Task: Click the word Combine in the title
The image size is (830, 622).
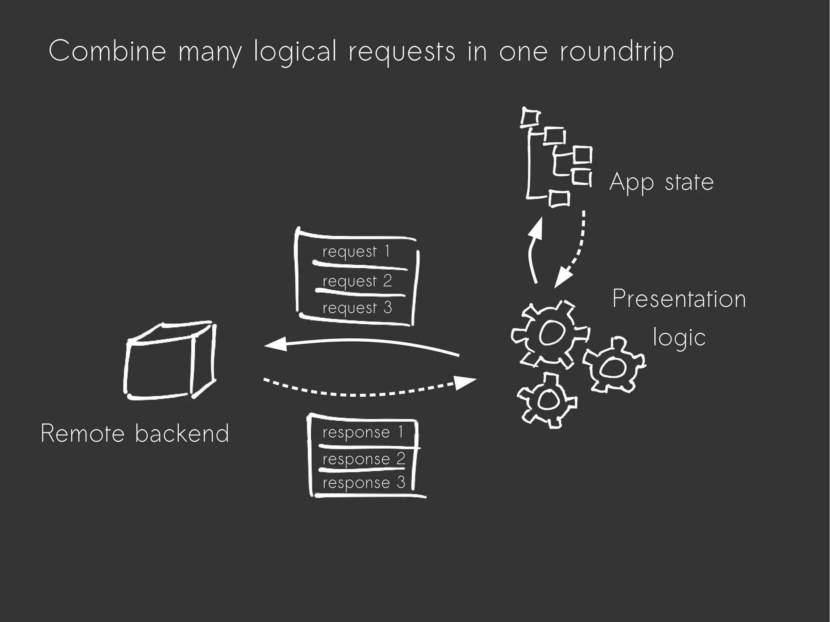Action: (x=107, y=51)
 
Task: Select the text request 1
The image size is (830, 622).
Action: (x=356, y=252)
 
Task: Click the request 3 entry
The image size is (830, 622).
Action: (x=357, y=308)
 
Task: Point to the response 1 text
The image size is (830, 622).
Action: (x=363, y=432)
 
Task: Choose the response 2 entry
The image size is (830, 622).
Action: (x=364, y=459)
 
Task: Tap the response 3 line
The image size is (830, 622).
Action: (x=364, y=483)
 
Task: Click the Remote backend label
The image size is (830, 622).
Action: (x=135, y=433)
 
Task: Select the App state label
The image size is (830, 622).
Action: (x=661, y=182)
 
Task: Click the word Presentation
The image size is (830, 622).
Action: (x=679, y=299)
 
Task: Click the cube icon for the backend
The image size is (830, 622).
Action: (x=169, y=360)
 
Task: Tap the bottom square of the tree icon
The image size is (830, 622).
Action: (x=560, y=199)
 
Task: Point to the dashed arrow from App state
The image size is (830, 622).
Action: (x=575, y=251)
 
